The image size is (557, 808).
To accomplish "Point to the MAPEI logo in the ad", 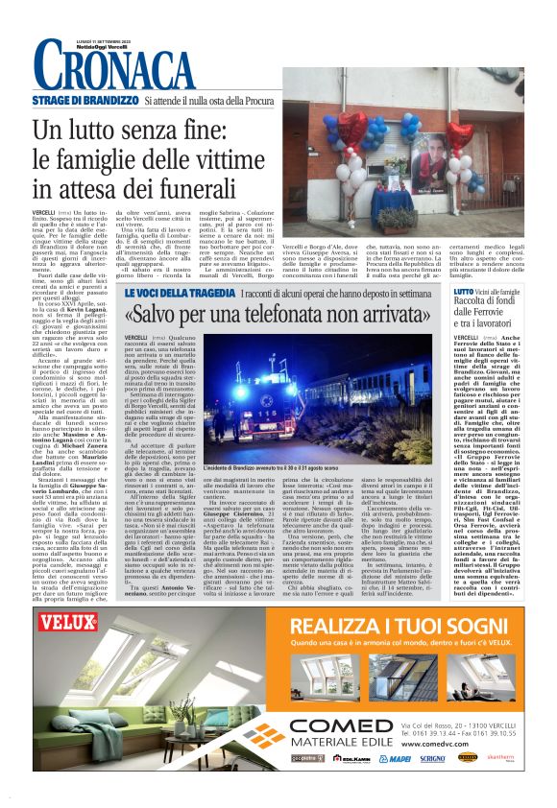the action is click(395, 784).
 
